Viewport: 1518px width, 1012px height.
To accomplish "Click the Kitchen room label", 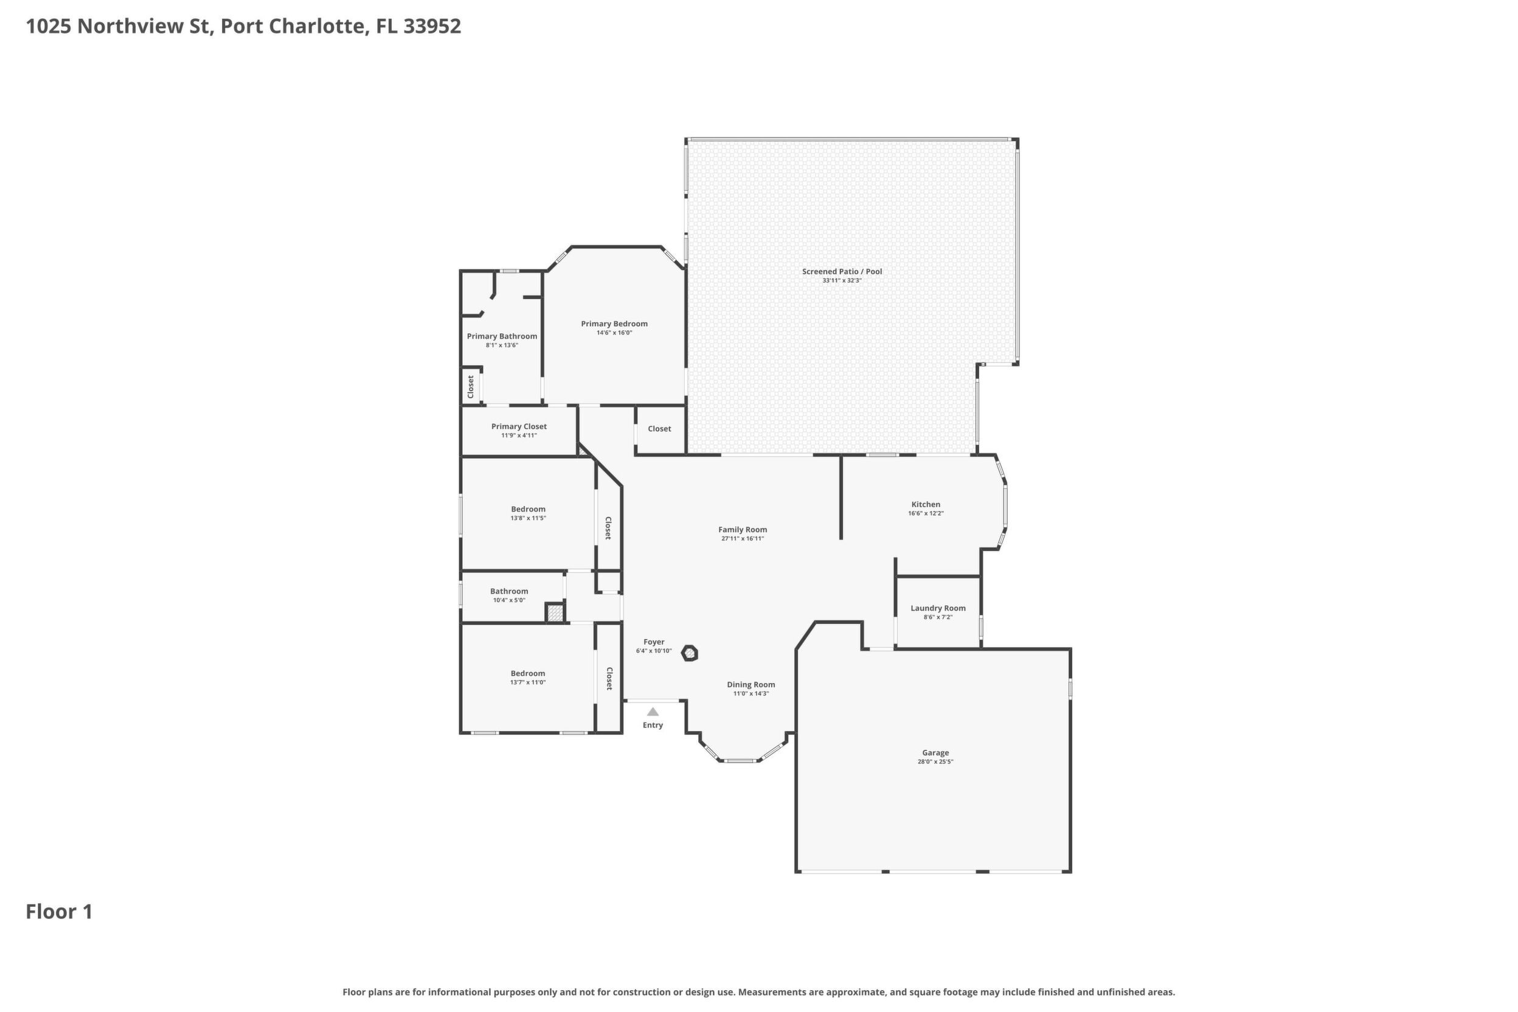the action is [x=926, y=505].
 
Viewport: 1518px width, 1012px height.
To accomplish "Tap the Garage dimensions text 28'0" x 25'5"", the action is [x=935, y=761].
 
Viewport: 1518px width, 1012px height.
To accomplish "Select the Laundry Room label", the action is [x=938, y=608].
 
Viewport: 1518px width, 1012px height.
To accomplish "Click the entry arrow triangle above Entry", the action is [x=653, y=712].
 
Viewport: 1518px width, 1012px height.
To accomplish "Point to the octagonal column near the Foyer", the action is [x=690, y=654].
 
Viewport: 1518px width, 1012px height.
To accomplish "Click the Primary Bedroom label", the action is [x=614, y=324].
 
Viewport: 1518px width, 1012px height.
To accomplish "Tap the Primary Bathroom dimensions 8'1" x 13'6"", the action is [x=502, y=345].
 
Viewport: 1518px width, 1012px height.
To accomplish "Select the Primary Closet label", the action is [x=519, y=426].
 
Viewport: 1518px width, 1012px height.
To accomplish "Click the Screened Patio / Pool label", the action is [x=842, y=272].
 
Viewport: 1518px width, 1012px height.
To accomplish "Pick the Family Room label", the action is [x=742, y=530].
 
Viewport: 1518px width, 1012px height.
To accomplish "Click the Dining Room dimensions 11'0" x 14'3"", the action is [x=750, y=694].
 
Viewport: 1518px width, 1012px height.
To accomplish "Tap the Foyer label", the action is [x=654, y=642].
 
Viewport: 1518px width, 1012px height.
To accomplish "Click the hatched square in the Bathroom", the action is [x=555, y=612].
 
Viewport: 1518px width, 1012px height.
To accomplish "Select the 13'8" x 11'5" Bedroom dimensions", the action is [x=528, y=518].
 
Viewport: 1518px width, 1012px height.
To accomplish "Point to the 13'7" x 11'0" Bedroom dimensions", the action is [x=528, y=682].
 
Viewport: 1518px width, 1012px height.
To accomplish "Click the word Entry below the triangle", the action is [x=653, y=726].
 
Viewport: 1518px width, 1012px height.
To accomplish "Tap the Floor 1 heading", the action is [x=59, y=912].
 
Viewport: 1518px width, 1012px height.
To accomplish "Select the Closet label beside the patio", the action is [x=659, y=429].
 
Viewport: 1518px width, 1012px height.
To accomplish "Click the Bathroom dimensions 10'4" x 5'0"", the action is [x=509, y=600].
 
